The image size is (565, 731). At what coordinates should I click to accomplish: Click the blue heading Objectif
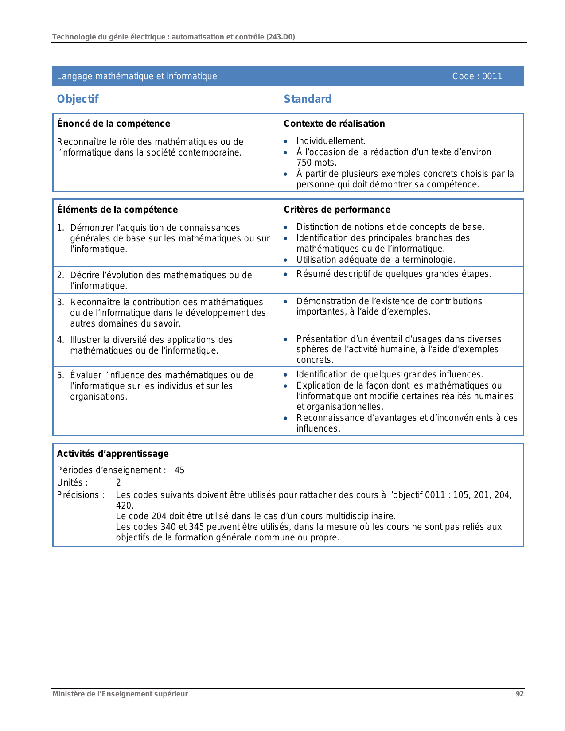(78, 99)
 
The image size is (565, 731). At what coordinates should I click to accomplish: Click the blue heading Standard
(308, 99)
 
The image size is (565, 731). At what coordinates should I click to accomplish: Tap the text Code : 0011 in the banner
(477, 76)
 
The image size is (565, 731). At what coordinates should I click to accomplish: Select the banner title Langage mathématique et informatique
(137, 76)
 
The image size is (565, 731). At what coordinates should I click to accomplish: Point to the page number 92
(519, 694)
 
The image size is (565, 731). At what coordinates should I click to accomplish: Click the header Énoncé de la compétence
(113, 124)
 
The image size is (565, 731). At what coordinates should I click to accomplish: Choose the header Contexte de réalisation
(334, 124)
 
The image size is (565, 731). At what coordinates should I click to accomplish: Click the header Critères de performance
(337, 210)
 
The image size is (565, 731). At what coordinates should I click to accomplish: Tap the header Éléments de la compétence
(117, 210)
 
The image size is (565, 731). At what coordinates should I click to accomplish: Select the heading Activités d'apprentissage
(113, 454)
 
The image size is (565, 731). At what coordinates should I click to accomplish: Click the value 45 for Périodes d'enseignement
(179, 470)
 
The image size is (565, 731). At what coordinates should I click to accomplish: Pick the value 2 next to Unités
(118, 482)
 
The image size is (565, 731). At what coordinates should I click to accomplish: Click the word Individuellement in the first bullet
(330, 141)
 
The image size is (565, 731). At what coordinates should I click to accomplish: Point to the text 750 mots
(316, 163)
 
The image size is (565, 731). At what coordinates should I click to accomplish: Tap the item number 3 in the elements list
(60, 302)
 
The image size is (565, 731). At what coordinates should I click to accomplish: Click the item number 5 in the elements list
(60, 375)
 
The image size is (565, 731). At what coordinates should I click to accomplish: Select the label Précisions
(80, 495)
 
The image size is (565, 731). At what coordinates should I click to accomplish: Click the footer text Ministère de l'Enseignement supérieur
(120, 694)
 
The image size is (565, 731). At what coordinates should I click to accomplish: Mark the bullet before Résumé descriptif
(286, 275)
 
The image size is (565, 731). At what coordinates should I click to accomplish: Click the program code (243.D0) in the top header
(281, 37)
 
